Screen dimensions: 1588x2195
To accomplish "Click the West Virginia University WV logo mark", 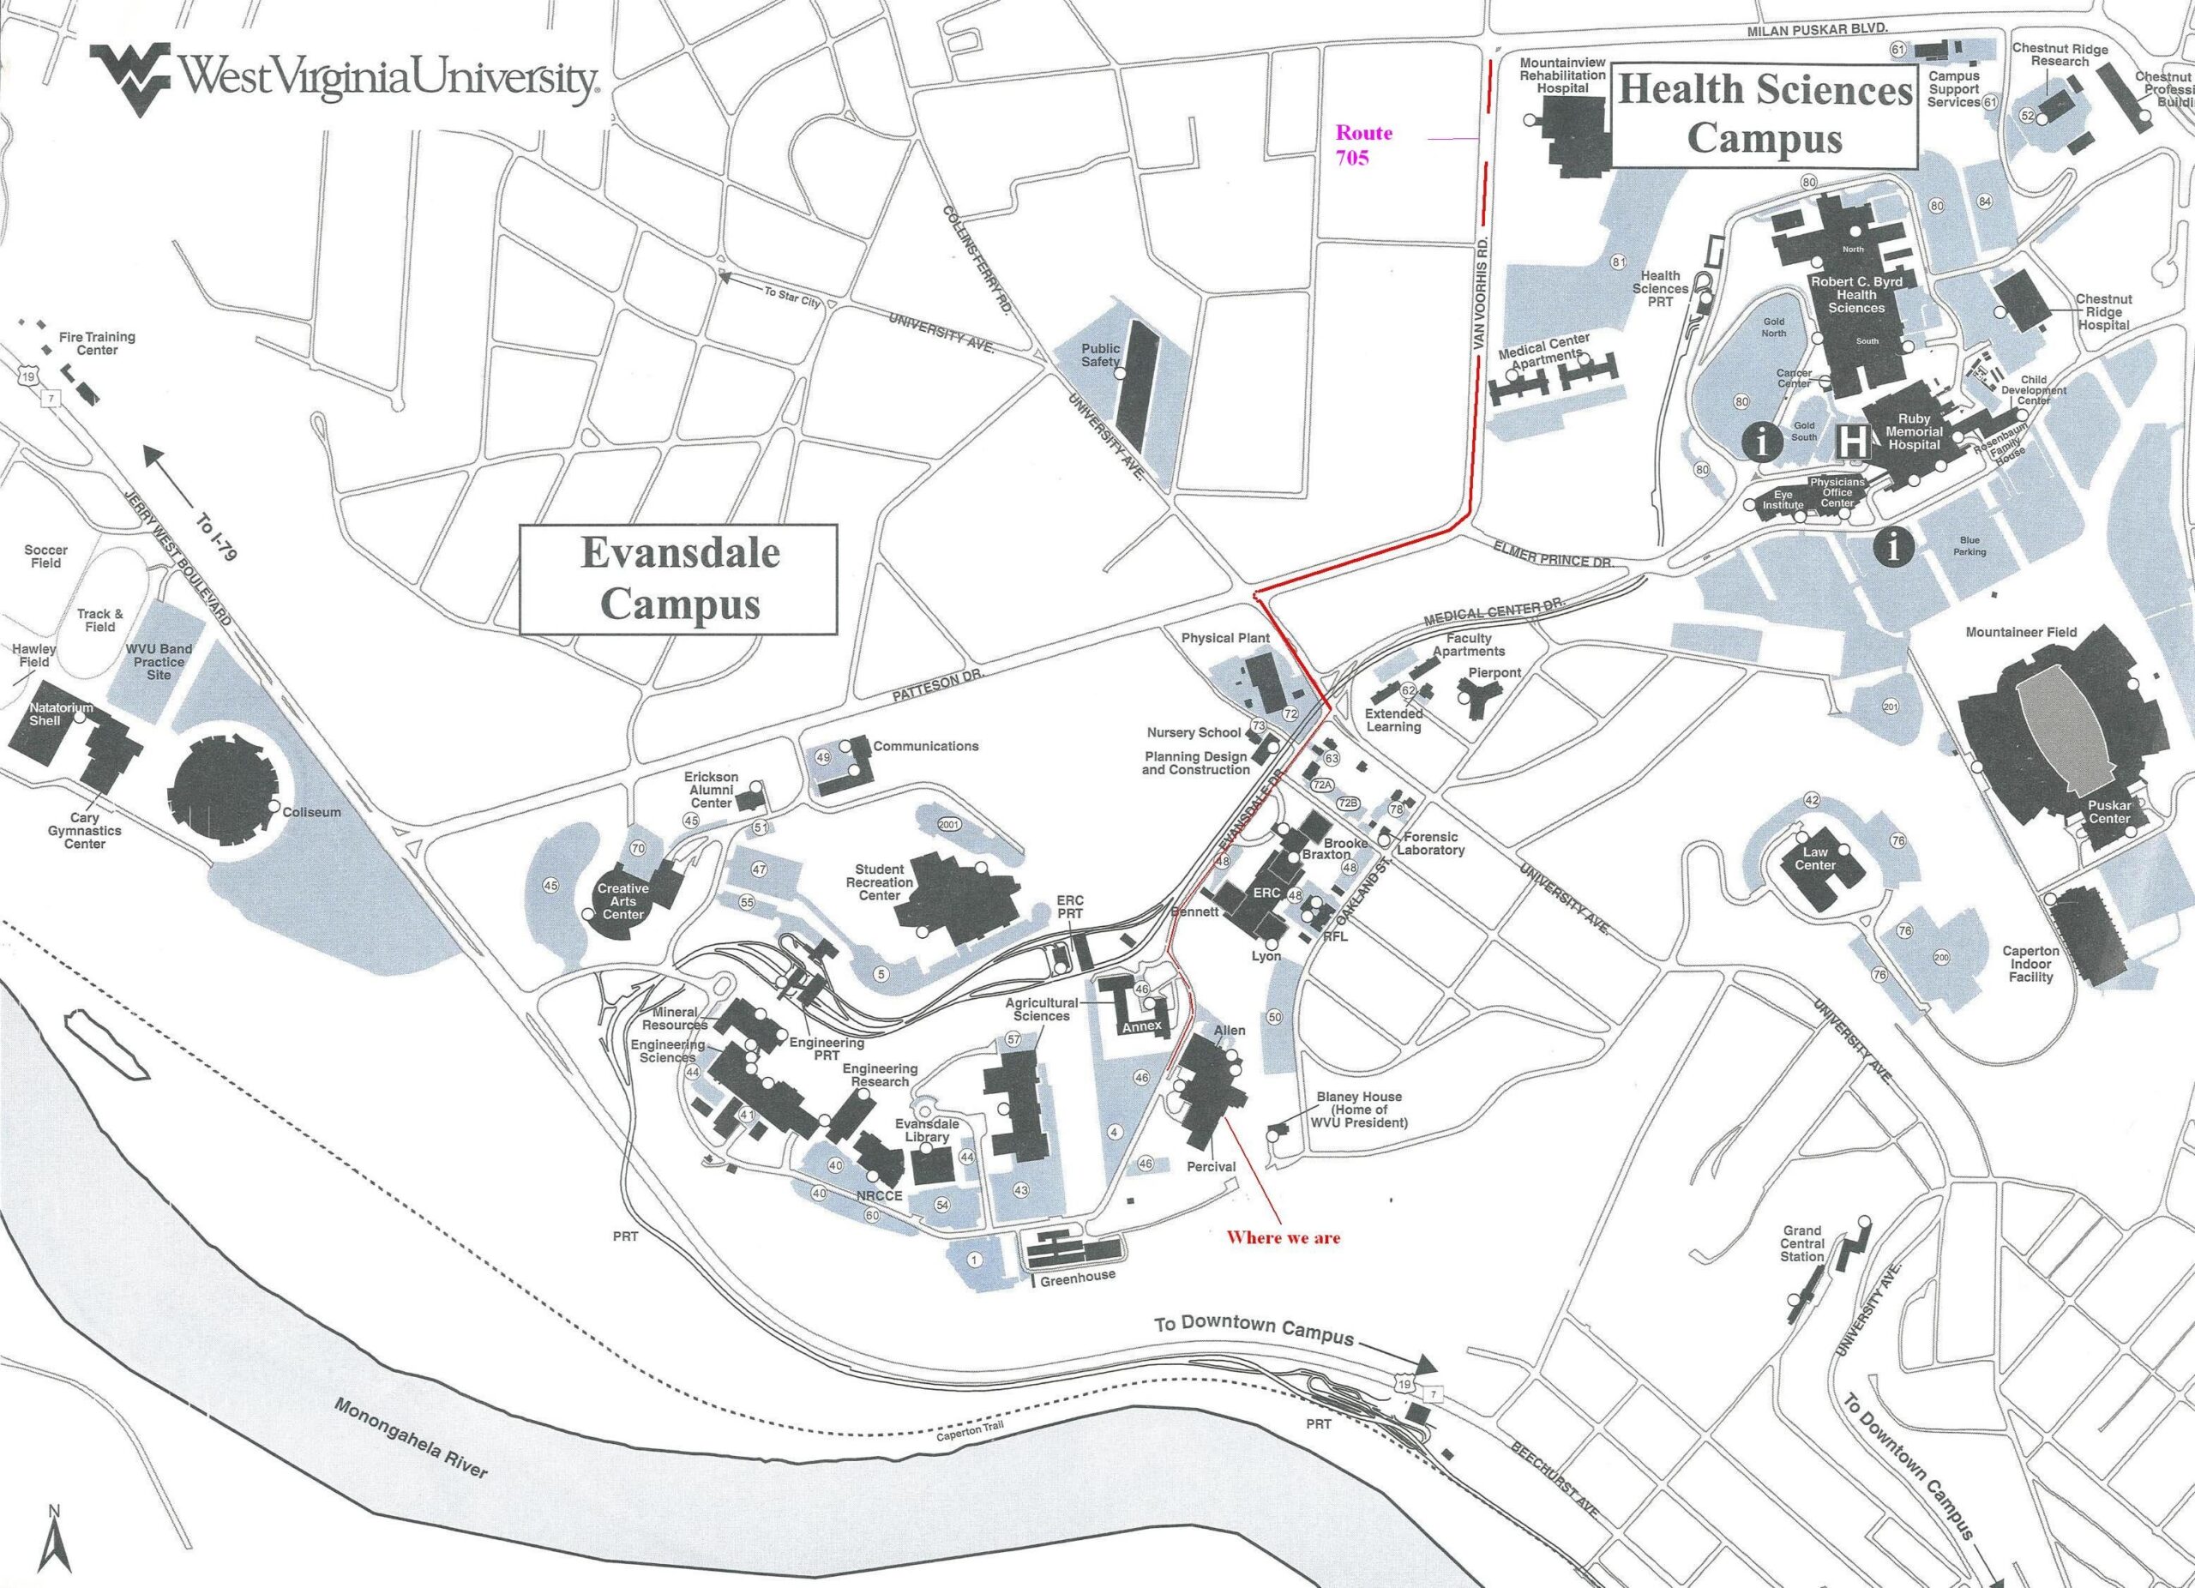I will tap(129, 72).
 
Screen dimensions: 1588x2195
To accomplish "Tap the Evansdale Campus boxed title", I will tap(679, 579).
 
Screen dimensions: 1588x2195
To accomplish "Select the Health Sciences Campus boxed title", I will tap(1765, 113).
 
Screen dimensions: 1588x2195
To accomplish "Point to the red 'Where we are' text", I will tap(1284, 1236).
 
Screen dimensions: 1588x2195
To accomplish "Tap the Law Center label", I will tap(1814, 858).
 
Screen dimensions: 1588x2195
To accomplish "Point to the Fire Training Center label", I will tap(97, 344).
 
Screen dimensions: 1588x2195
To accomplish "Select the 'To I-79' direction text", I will tap(217, 538).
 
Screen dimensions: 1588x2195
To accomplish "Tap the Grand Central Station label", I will tap(1802, 1243).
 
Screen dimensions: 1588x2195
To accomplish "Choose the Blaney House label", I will tap(1359, 1110).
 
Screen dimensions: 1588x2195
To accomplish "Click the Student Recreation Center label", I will tap(879, 881).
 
